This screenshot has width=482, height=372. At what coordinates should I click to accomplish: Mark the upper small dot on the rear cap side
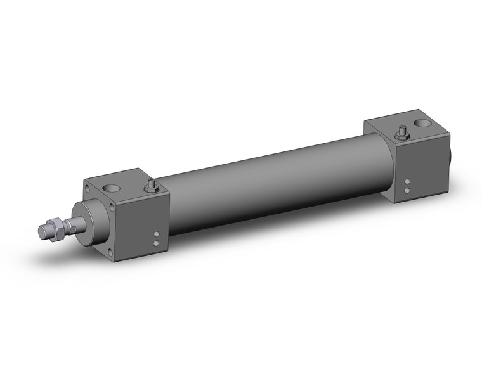tap(407, 182)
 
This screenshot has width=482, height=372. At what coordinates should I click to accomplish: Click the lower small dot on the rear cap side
tap(407, 189)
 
